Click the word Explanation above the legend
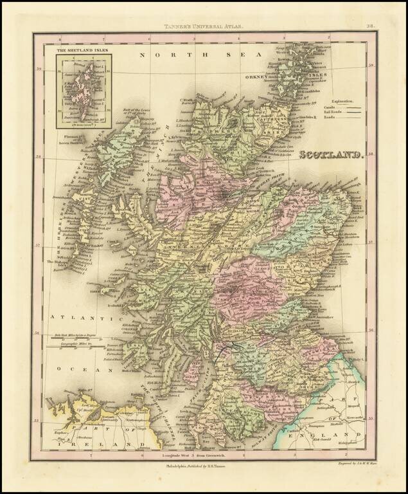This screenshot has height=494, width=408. [346, 102]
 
